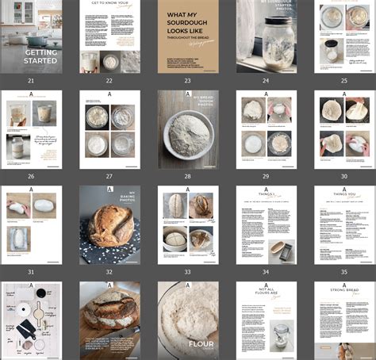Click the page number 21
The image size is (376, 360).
coord(31,81)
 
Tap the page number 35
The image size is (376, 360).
coord(343,271)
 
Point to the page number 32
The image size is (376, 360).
coord(109,271)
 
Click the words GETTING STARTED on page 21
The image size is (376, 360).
coord(41,56)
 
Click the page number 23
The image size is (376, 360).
coord(187,81)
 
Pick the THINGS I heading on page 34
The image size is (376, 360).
coord(266,194)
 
